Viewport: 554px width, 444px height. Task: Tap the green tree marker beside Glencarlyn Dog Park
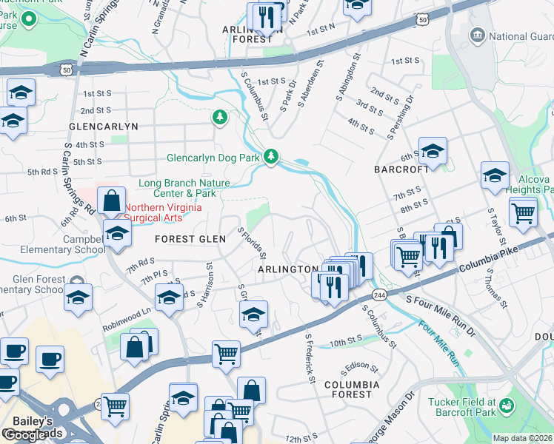tap(272, 155)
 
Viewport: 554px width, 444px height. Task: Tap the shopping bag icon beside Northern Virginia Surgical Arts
tap(110, 200)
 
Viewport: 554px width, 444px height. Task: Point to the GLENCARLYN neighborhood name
tap(103, 127)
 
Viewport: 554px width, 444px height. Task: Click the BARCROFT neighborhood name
tap(401, 169)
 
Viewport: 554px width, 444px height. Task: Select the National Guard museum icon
tap(477, 35)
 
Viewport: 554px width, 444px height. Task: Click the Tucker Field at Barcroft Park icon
tap(507, 405)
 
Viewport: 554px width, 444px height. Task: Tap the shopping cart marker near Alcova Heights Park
tap(524, 212)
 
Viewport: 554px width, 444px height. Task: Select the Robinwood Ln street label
tap(126, 312)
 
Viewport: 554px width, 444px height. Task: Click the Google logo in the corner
tap(24, 435)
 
